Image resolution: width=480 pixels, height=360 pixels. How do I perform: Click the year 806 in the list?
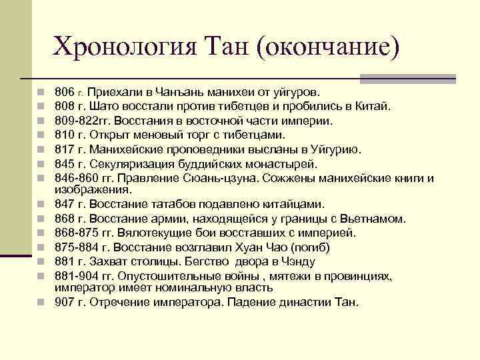[x=65, y=91]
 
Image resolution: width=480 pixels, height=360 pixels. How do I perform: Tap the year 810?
[x=65, y=135]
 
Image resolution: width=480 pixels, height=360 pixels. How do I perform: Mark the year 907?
[x=65, y=302]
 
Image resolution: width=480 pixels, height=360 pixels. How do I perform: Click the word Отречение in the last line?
[x=118, y=302]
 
